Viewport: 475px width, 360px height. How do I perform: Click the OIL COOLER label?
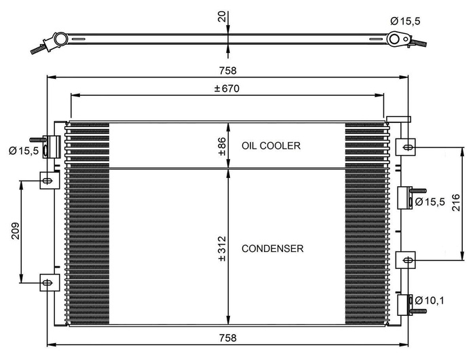(271, 146)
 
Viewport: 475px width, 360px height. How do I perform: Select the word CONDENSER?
(272, 249)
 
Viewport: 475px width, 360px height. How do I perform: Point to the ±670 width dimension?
(227, 88)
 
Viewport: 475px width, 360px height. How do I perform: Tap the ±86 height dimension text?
(222, 146)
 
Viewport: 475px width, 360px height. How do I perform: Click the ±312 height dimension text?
(222, 249)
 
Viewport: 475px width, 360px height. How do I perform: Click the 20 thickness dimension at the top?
(222, 16)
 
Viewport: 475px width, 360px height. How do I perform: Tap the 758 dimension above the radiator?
(228, 71)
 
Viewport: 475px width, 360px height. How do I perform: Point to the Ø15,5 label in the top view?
(405, 21)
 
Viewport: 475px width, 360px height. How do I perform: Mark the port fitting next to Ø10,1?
(409, 304)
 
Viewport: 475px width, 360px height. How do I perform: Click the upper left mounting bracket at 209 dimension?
(47, 180)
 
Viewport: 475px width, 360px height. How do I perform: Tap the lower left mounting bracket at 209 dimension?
(47, 282)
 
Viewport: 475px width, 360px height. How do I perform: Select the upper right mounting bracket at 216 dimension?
(405, 146)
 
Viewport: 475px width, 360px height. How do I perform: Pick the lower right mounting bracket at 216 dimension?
(405, 259)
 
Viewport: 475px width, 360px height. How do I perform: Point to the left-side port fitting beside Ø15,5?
(50, 147)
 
